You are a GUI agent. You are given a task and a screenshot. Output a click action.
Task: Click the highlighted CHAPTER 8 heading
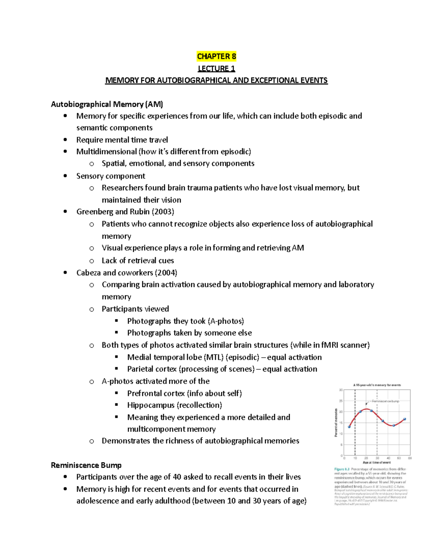pos(216,56)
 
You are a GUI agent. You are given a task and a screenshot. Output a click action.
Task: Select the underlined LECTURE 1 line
pos(216,69)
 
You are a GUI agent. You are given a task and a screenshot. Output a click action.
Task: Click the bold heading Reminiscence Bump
pos(86,465)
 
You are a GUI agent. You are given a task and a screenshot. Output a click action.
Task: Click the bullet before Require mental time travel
pos(65,140)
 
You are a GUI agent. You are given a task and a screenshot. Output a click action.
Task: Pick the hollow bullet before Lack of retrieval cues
pos(92,261)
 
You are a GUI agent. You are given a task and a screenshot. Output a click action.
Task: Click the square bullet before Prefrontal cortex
pos(117,393)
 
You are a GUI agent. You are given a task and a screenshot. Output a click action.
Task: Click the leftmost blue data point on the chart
pos(349,427)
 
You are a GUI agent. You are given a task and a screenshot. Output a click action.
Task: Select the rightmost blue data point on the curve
pos(405,419)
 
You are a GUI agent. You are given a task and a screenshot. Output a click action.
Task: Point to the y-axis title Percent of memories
pos(336,423)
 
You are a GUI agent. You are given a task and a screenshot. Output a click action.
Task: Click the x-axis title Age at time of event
pos(377,463)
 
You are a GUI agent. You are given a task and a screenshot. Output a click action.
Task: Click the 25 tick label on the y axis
pos(341,401)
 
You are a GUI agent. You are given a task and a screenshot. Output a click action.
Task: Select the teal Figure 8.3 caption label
pos(342,469)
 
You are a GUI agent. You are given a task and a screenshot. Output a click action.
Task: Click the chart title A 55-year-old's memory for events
pos(377,385)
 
